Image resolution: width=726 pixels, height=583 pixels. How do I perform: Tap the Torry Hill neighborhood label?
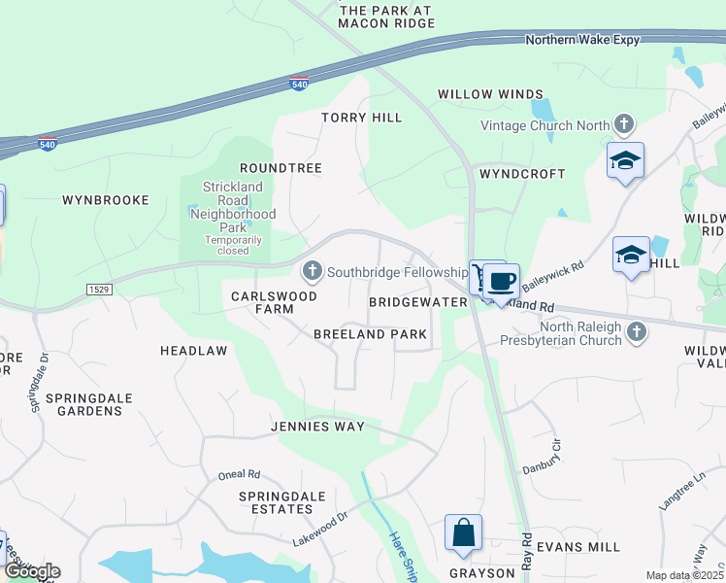(361, 118)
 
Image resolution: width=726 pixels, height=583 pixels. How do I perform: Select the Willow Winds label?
(490, 94)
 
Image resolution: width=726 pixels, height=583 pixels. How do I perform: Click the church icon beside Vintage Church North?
(623, 124)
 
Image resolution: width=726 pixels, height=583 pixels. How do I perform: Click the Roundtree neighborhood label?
(280, 168)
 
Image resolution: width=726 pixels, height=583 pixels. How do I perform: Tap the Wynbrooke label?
(106, 200)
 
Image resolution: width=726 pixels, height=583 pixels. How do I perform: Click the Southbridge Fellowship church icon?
(313, 271)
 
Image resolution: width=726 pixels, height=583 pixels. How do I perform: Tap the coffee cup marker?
(501, 282)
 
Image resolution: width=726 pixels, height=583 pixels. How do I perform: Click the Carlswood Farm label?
(262, 302)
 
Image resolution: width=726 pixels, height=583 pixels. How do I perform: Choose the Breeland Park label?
(370, 334)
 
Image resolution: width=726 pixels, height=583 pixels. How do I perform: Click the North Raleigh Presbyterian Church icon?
(637, 333)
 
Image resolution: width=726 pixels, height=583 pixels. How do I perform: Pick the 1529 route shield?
(98, 290)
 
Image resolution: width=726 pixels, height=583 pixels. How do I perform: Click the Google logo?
(31, 571)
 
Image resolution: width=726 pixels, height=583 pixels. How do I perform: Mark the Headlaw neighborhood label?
(193, 350)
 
